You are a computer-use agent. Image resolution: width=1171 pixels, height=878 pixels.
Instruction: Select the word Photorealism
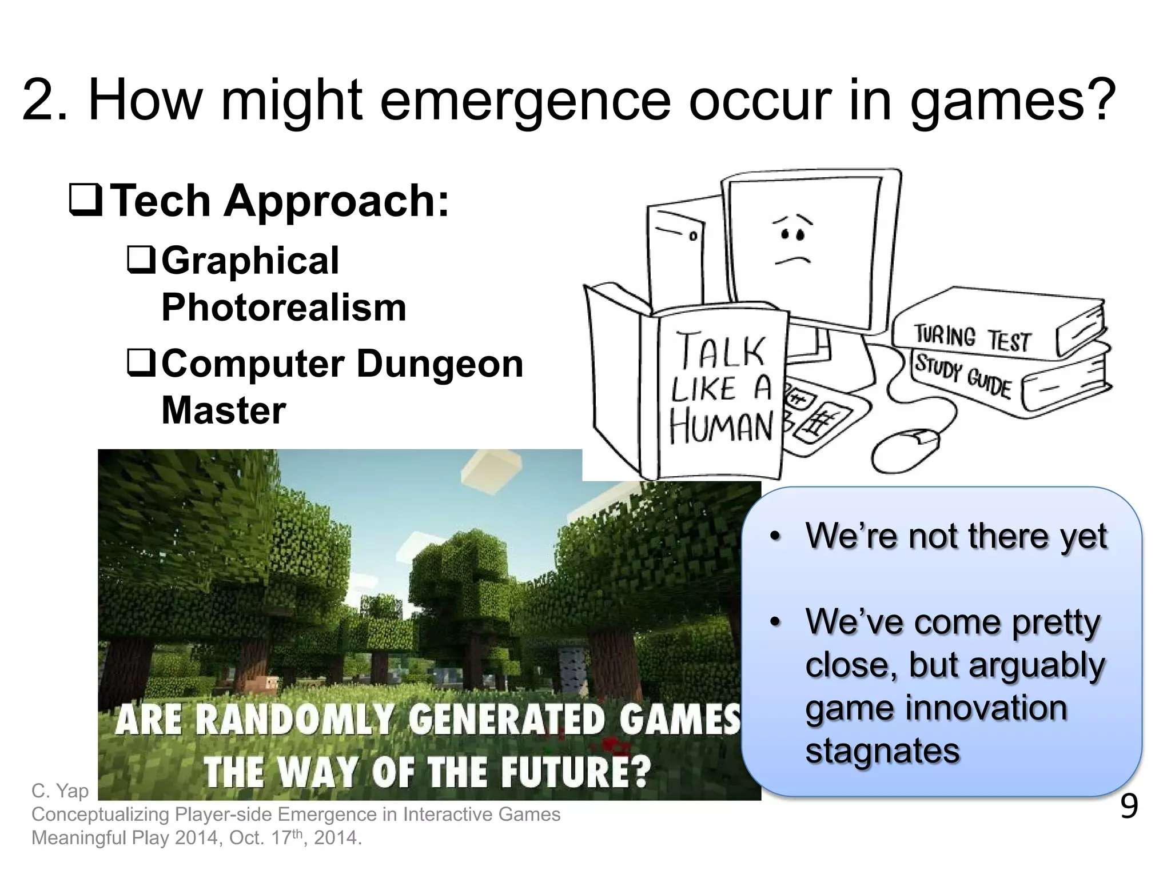[x=284, y=308]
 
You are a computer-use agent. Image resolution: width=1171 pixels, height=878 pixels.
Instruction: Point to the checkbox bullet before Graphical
[x=140, y=260]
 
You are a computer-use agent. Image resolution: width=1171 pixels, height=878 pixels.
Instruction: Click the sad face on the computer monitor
[x=792, y=240]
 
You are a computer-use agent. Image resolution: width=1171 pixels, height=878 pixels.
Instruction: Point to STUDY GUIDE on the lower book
[x=963, y=375]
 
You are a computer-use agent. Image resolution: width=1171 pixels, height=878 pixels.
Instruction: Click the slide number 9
[x=1129, y=807]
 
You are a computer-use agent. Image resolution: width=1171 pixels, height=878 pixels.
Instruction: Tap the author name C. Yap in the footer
[x=60, y=791]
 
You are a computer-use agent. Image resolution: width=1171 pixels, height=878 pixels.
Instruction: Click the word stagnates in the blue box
[x=882, y=751]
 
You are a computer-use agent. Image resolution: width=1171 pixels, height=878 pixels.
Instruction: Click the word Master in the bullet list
[x=224, y=410]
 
